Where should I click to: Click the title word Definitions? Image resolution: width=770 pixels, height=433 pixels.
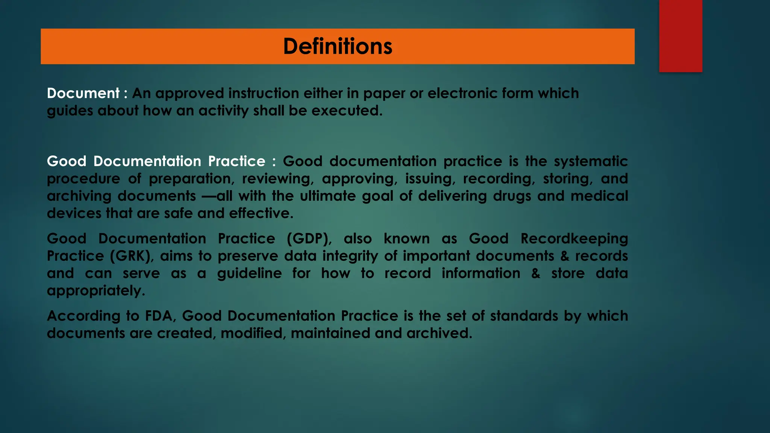pyautogui.click(x=338, y=46)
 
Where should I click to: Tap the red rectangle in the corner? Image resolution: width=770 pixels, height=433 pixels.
pyautogui.click(x=681, y=36)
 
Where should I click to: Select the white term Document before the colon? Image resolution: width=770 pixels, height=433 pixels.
pyautogui.click(x=83, y=93)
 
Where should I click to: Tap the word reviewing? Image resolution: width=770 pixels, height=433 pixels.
pyautogui.click(x=278, y=179)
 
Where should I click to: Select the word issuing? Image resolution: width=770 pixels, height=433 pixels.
pyautogui.click(x=428, y=179)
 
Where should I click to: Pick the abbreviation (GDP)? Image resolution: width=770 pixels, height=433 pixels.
pyautogui.click(x=309, y=239)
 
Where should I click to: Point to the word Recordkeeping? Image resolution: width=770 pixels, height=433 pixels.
pyautogui.click(x=574, y=239)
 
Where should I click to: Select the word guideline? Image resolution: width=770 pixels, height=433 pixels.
pyautogui.click(x=249, y=273)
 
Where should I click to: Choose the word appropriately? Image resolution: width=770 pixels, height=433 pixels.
pyautogui.click(x=96, y=291)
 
